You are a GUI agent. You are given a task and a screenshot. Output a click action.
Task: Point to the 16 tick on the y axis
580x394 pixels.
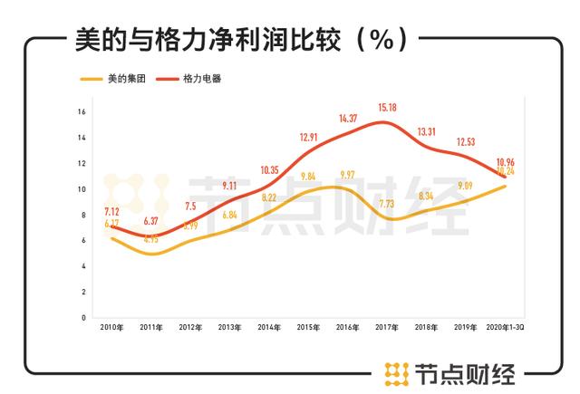tap(82, 112)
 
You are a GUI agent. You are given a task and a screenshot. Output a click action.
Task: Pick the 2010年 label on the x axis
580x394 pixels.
tap(111, 328)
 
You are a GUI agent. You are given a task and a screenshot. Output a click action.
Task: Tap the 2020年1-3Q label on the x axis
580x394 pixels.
tap(504, 328)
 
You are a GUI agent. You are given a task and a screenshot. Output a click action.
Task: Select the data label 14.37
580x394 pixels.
tap(346, 119)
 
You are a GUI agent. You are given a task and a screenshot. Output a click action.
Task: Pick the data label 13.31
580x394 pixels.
tap(425, 132)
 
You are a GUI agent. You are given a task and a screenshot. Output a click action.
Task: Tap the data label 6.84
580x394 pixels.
tap(230, 215)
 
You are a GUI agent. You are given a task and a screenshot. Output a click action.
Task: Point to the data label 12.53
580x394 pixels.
tap(465, 142)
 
